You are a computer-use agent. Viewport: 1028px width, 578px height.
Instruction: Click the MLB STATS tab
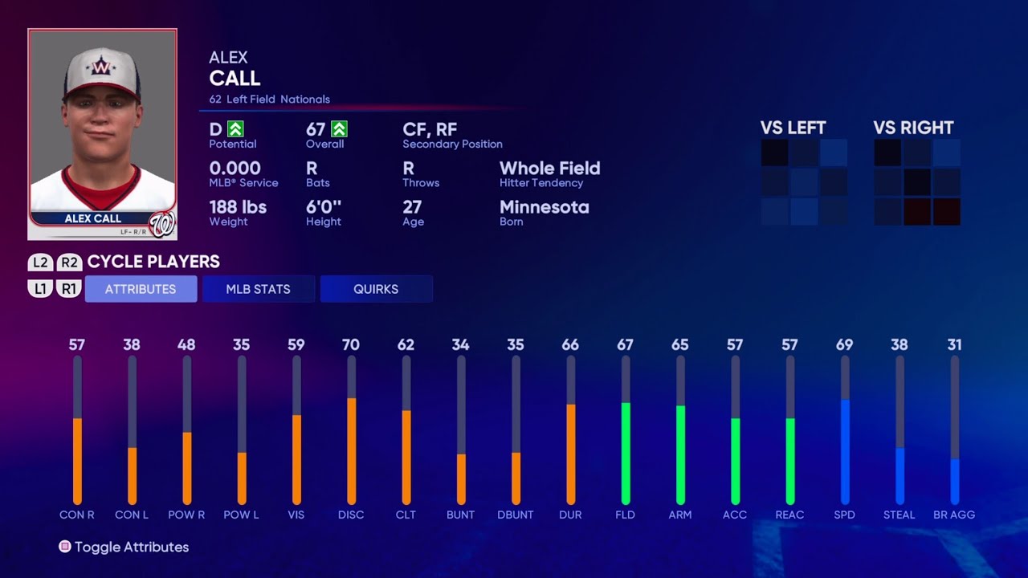tap(258, 289)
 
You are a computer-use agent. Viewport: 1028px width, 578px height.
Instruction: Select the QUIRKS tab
tap(376, 289)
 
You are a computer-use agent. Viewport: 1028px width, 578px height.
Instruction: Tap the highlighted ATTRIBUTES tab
tap(141, 289)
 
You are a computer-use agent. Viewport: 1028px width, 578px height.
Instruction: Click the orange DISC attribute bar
tap(351, 450)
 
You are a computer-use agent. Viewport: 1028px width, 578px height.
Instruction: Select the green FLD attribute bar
tap(626, 453)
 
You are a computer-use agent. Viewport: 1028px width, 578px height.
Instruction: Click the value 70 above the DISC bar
tap(351, 344)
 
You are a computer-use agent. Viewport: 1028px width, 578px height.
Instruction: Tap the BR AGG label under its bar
tap(954, 515)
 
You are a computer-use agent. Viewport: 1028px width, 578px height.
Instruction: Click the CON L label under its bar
tap(132, 515)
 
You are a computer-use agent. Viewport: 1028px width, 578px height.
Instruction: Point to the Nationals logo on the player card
tap(162, 224)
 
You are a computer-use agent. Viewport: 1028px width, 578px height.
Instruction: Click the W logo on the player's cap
tap(101, 67)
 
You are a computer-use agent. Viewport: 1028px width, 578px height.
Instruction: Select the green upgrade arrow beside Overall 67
tap(340, 128)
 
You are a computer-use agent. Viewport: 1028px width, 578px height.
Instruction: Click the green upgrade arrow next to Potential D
tap(235, 128)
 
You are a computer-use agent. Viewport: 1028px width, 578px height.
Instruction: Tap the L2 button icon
tap(40, 263)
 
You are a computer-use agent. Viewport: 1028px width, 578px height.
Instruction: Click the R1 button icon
tap(69, 289)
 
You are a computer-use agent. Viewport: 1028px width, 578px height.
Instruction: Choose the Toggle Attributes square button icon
tap(65, 547)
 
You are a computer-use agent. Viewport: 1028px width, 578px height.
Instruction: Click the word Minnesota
tap(544, 207)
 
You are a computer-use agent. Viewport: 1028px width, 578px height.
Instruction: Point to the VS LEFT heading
tap(793, 128)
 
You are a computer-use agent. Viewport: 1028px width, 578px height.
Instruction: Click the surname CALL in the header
tap(235, 78)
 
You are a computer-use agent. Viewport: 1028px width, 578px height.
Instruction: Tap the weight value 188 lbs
tap(238, 207)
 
